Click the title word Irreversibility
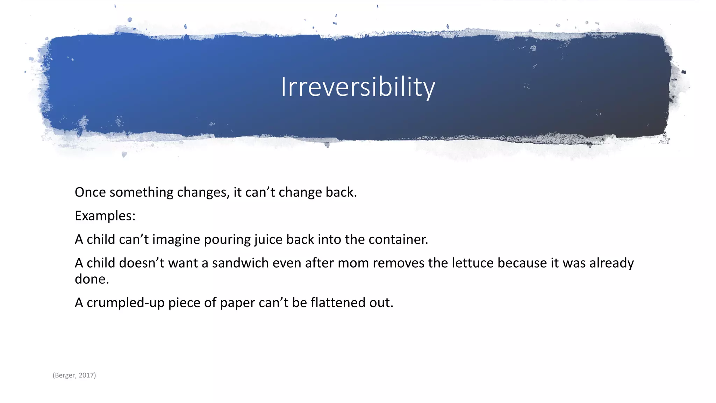tap(358, 87)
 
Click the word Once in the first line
tap(90, 192)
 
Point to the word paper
tap(237, 303)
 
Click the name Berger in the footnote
tap(65, 375)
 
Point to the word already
tap(611, 263)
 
